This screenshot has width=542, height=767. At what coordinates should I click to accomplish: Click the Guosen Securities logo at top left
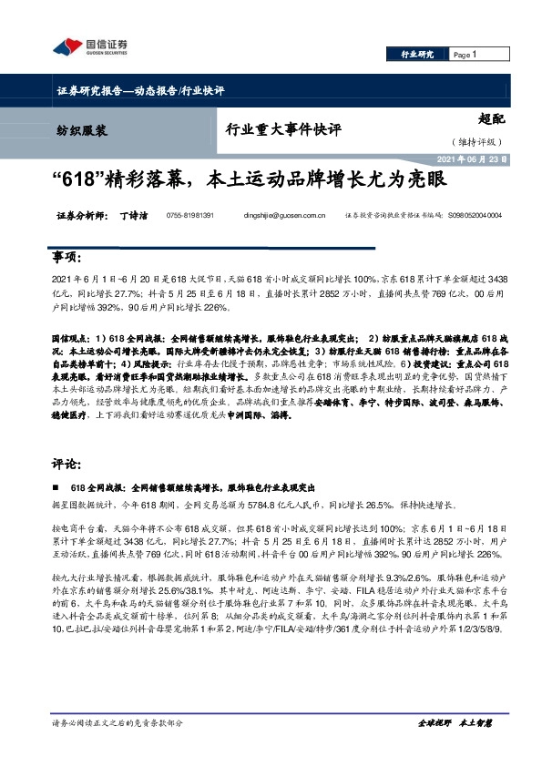(x=90, y=46)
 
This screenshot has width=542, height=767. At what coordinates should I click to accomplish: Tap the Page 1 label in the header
(x=465, y=55)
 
